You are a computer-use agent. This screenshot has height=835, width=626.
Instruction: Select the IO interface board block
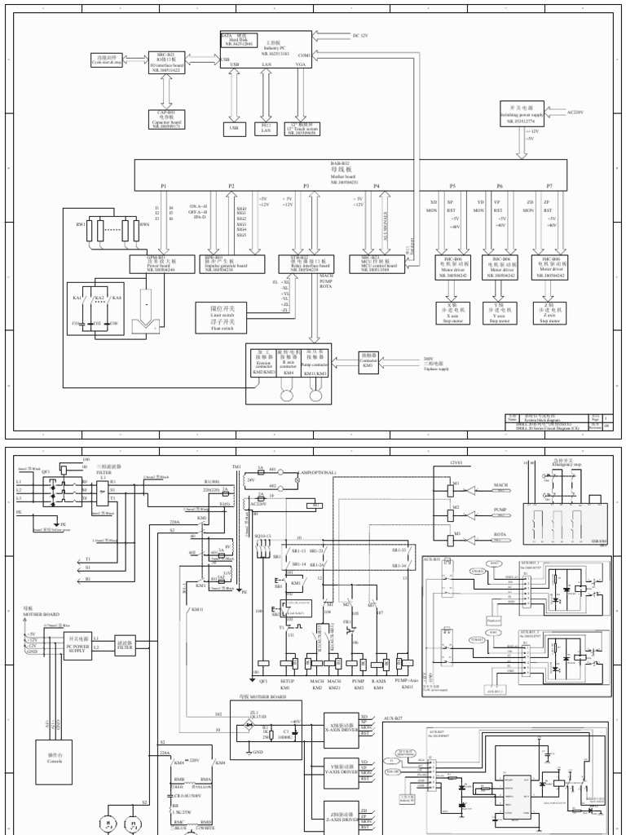[x=165, y=63]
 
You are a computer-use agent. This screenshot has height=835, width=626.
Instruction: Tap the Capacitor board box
[x=165, y=119]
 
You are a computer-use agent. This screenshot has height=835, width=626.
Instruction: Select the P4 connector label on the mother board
[x=377, y=186]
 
